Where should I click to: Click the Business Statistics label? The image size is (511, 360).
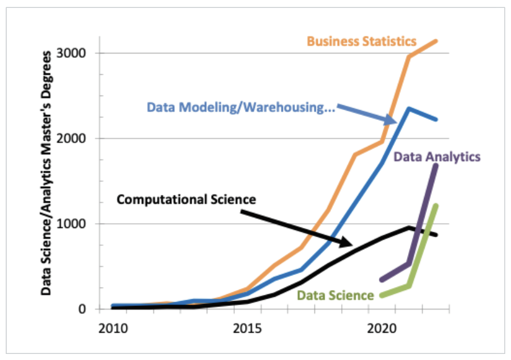361,41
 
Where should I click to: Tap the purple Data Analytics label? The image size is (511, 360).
437,156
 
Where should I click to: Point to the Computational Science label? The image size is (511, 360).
186,199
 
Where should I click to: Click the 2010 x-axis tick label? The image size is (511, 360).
113,328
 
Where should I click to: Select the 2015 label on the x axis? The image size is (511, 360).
248,328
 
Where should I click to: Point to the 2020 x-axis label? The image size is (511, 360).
382,328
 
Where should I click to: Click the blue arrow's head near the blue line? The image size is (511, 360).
396,121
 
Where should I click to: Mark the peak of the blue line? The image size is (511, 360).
409,109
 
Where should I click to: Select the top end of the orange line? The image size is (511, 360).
436,41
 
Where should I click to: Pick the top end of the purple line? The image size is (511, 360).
436,165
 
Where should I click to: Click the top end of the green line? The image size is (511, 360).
436,206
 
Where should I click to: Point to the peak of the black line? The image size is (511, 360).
409,227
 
